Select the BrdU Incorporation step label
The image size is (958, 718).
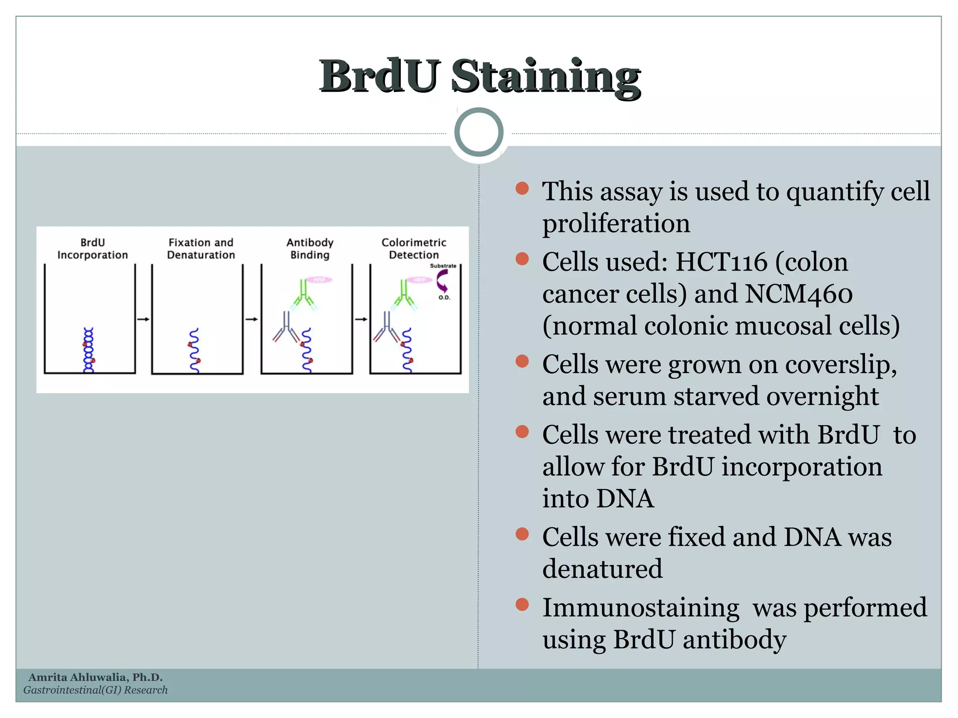point(93,249)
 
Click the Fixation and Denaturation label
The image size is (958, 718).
point(201,249)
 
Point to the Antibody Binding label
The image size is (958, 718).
point(310,249)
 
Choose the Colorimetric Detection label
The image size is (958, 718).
point(414,249)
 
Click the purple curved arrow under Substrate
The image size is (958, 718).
point(442,280)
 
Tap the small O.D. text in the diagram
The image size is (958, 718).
point(444,298)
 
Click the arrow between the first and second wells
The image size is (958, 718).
point(143,319)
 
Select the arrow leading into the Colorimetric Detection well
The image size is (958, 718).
point(361,319)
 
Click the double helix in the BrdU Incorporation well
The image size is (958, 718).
point(88,350)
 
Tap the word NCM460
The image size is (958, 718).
point(798,294)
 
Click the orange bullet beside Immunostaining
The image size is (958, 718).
point(522,604)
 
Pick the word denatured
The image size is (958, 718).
point(602,569)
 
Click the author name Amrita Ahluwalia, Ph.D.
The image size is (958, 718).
point(95,677)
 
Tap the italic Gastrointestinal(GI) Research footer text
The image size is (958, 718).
point(95,690)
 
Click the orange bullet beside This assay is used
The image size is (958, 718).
point(522,188)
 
